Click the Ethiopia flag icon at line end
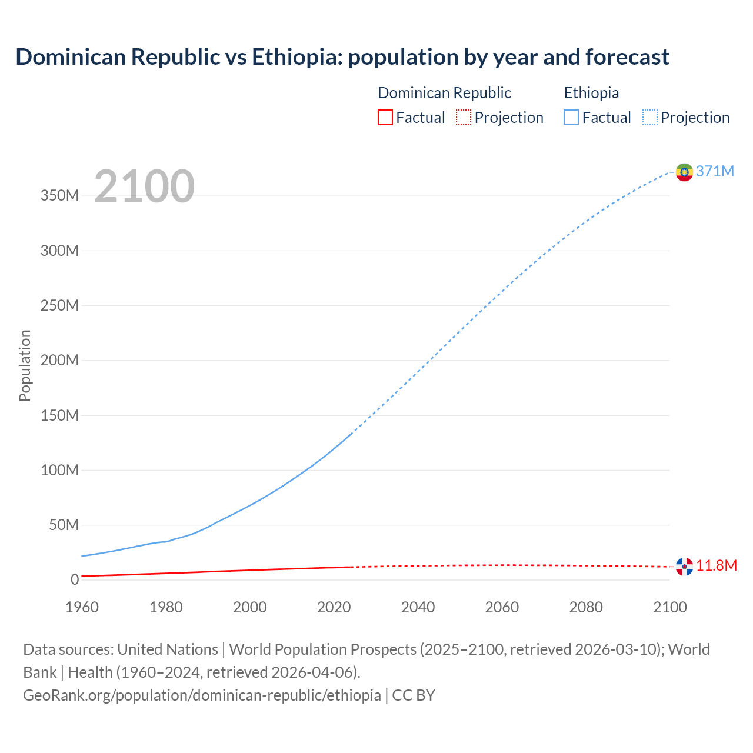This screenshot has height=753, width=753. coord(684,172)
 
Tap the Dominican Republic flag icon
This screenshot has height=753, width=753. coord(684,567)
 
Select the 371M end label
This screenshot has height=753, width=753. coord(715,171)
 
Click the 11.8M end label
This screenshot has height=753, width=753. coord(717,566)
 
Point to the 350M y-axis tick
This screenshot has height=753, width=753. coord(59,196)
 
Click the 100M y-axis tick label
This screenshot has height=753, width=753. coord(59,470)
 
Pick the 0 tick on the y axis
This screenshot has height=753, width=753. coord(74,580)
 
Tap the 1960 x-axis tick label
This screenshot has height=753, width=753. coord(82,607)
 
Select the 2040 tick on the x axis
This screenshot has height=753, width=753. coord(418,607)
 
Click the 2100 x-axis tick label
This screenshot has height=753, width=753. coord(669,607)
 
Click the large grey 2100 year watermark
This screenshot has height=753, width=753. coord(144,186)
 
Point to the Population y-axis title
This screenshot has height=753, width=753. coord(25,365)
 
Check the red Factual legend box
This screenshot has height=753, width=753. coord(385,117)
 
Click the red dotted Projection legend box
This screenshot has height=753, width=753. coord(464,117)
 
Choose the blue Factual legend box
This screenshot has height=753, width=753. coord(571,117)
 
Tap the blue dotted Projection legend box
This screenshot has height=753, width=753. coord(650,117)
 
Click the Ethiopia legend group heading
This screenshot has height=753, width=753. coord(591,93)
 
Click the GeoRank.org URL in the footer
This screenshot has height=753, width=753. coord(202,695)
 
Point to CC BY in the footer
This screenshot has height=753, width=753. coord(414,695)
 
